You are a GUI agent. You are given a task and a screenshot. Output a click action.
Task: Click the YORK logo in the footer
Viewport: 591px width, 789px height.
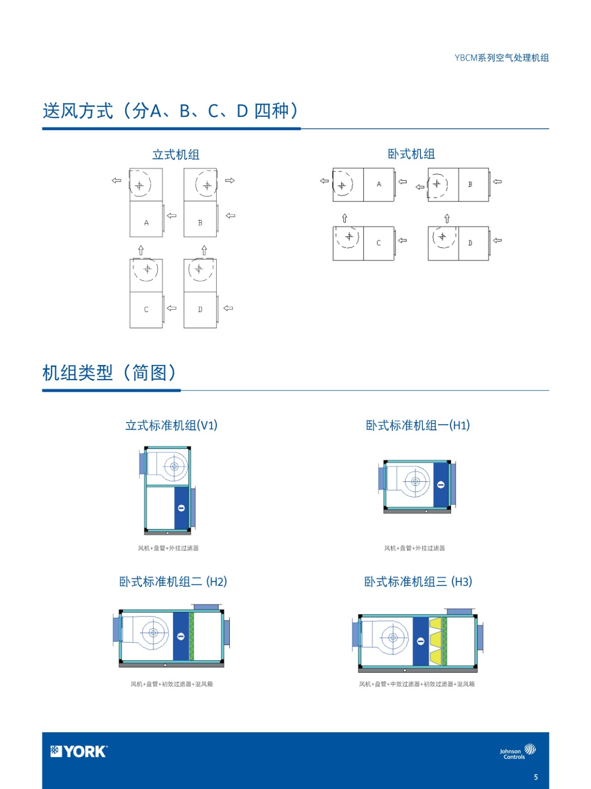pyautogui.click(x=79, y=751)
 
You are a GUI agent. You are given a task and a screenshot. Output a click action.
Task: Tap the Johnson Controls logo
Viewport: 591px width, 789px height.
pyautogui.click(x=518, y=751)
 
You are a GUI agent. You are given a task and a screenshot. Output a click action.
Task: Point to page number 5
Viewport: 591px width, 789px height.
pyautogui.click(x=536, y=777)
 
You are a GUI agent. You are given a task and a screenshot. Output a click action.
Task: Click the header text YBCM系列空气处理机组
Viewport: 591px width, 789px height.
pyautogui.click(x=502, y=58)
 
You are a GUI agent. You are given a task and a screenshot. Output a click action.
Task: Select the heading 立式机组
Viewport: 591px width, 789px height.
pyautogui.click(x=175, y=155)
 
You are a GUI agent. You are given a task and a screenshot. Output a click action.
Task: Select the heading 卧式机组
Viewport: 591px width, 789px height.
pyautogui.click(x=411, y=154)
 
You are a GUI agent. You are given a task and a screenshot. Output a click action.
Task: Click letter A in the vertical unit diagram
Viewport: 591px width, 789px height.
pyautogui.click(x=146, y=223)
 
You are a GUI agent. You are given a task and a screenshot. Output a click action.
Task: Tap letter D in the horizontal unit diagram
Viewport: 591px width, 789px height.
pyautogui.click(x=470, y=243)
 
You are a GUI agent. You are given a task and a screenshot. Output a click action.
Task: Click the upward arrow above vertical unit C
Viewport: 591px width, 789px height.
pyautogui.click(x=141, y=250)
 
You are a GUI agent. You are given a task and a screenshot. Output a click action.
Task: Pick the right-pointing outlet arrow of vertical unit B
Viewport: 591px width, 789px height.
pyautogui.click(x=230, y=180)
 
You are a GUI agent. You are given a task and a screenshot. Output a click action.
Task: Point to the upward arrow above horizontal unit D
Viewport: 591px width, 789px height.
pyautogui.click(x=447, y=218)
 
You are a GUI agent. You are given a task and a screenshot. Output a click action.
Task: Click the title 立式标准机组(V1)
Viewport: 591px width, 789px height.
pyautogui.click(x=172, y=425)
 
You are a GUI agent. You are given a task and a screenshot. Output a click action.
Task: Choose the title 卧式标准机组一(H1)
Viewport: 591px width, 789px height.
pyautogui.click(x=418, y=425)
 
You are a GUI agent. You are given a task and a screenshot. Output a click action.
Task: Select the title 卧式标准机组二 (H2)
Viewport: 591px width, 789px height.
pyautogui.click(x=173, y=581)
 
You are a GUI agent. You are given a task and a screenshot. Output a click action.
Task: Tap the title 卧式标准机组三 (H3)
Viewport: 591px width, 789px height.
pyautogui.click(x=418, y=581)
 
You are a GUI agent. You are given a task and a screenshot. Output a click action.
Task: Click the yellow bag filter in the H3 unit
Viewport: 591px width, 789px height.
pyautogui.click(x=435, y=641)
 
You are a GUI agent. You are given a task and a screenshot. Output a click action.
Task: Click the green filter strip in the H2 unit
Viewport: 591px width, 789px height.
pyautogui.click(x=191, y=636)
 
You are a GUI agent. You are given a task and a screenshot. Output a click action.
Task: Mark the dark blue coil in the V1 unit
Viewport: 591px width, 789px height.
pyautogui.click(x=181, y=508)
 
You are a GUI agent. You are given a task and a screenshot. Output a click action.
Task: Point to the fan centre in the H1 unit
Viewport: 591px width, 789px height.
pyautogui.click(x=416, y=482)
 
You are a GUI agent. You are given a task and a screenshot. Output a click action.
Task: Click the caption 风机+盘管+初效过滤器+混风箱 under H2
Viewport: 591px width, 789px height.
pyautogui.click(x=172, y=684)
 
